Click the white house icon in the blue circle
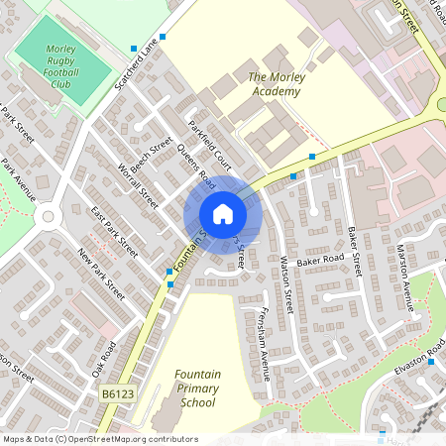point(223,214)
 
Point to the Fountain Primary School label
point(196,389)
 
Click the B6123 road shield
point(117,393)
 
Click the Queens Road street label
point(196,166)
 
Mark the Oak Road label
point(104,359)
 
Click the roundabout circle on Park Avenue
point(46,215)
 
